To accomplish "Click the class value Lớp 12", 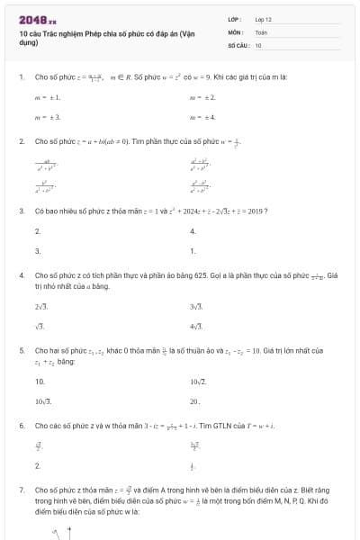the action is click(263, 19).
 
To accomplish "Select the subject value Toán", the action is click(261, 31).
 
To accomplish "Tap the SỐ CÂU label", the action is click(237, 44).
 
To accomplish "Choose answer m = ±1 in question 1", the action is click(47, 96).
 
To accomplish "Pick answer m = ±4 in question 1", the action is click(202, 117).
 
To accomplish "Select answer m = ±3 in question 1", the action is click(47, 117).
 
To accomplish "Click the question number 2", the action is click(21, 141).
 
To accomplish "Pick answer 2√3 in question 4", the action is click(41, 307).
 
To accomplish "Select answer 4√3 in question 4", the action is click(196, 326).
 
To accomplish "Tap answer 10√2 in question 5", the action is click(198, 382).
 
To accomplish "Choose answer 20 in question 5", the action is click(195, 400).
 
